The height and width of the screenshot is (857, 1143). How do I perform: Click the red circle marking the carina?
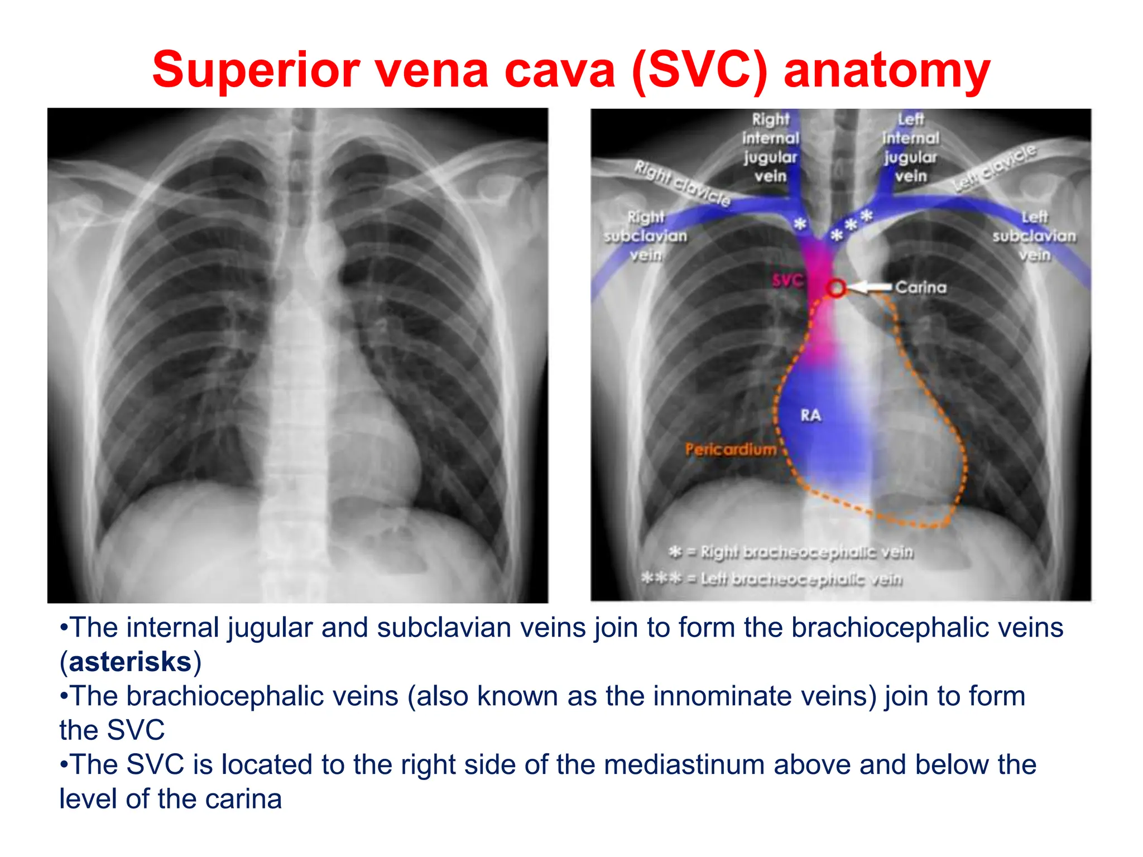coord(836,288)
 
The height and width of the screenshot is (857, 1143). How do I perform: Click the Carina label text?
coord(921,287)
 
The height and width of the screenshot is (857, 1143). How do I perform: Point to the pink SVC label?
coord(787,280)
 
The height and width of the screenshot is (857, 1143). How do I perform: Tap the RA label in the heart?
coord(810,415)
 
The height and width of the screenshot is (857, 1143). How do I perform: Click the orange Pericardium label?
coord(731,449)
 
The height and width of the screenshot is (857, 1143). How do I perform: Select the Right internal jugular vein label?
coord(771,147)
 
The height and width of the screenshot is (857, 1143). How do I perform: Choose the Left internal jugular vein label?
coord(911,147)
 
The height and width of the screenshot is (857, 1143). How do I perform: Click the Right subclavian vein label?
coord(646,235)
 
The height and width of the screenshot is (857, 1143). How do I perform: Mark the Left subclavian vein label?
coord(1034,235)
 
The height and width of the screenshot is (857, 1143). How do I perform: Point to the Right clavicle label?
coord(682,182)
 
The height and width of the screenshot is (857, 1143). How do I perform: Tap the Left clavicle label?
coord(994,168)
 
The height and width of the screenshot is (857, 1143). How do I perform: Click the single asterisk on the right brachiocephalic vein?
coord(800,224)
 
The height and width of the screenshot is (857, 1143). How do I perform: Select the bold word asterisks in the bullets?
coord(130,662)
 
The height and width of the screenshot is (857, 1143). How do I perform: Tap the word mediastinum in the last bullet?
coord(684,764)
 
